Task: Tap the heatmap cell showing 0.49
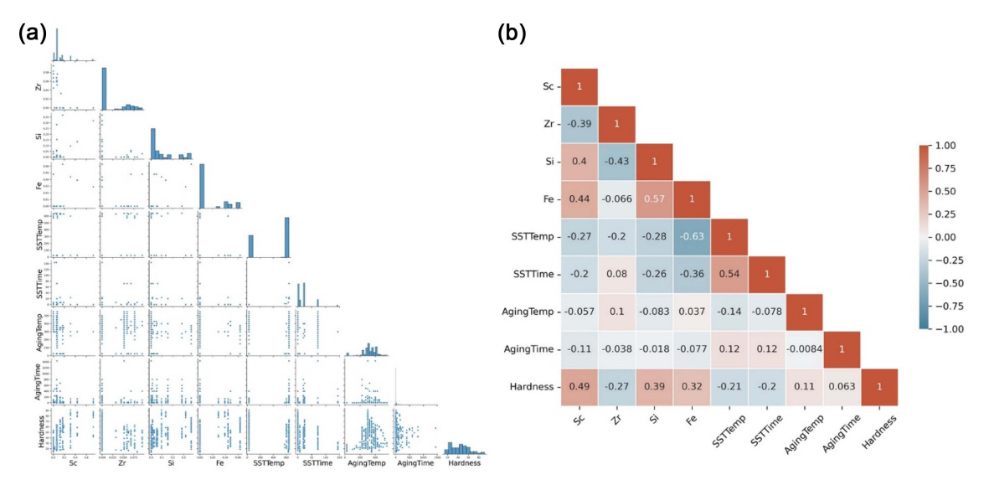pyautogui.click(x=578, y=387)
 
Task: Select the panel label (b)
pyautogui.click(x=512, y=34)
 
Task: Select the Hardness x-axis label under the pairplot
pyautogui.click(x=465, y=462)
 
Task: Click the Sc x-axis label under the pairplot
pyautogui.click(x=75, y=462)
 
